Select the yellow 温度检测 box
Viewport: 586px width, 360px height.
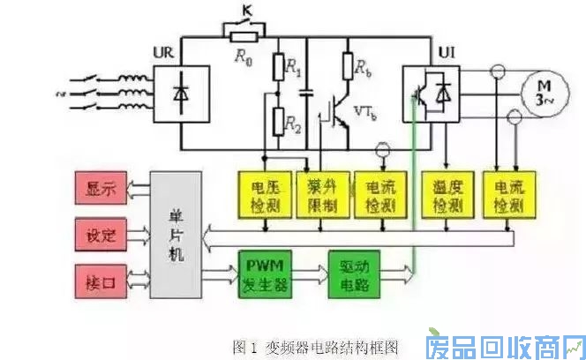pos(445,194)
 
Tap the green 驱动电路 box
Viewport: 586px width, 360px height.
pos(357,274)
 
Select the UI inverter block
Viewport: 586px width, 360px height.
pos(431,92)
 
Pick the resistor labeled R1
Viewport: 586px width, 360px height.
pos(279,66)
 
